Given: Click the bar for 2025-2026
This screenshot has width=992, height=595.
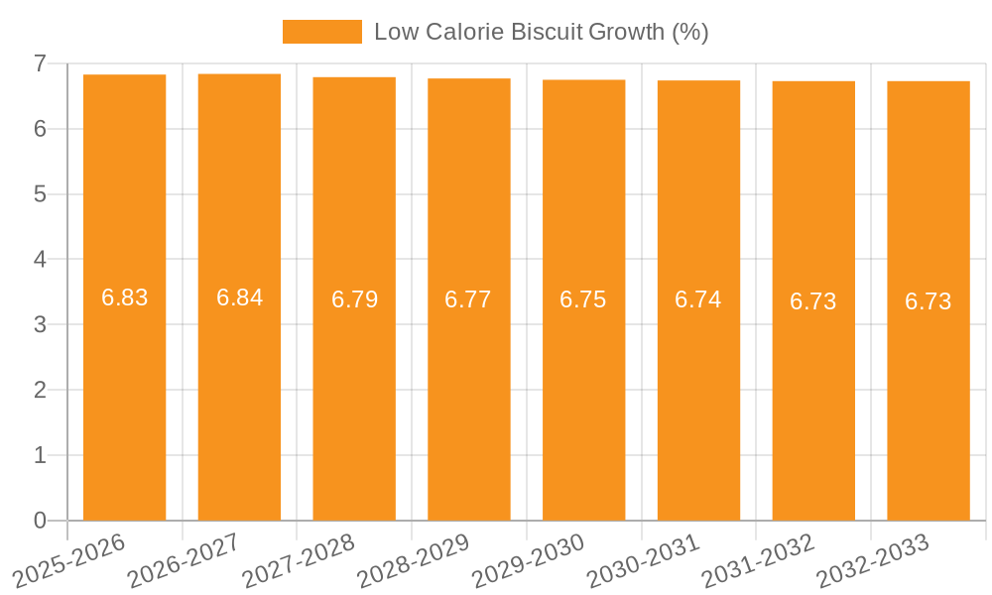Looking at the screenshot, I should click(x=124, y=397).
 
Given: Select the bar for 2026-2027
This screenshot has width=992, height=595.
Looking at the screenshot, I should click(x=239, y=397).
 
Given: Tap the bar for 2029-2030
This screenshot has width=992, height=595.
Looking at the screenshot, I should click(x=583, y=397).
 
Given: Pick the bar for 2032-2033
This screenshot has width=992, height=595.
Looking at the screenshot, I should click(x=929, y=397).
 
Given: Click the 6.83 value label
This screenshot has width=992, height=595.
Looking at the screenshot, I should click(x=124, y=297).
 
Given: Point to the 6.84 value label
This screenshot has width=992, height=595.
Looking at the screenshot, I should click(x=239, y=297).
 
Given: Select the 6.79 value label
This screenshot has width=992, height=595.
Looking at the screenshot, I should click(x=354, y=299).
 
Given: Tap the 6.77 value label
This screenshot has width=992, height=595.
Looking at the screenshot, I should click(x=468, y=299).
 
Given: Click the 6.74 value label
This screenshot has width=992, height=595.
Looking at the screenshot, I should click(x=698, y=299).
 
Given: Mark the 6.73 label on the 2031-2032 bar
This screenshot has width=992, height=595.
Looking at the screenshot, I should click(x=813, y=301).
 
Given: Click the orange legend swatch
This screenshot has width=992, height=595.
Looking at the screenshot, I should click(x=321, y=32).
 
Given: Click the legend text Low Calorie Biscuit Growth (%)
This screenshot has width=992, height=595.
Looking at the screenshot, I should click(x=541, y=32).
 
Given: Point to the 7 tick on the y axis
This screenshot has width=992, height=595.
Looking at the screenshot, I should click(x=40, y=63).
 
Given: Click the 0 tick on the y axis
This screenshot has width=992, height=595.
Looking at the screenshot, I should click(x=40, y=521).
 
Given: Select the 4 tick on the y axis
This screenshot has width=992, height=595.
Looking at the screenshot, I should click(x=40, y=260).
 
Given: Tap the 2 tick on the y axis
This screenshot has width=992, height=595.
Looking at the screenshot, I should click(x=40, y=390).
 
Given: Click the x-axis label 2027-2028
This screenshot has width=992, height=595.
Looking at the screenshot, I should click(x=299, y=560).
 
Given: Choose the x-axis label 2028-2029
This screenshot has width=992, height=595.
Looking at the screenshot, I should click(x=414, y=560).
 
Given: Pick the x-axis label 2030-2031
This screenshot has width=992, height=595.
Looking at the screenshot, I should click(x=644, y=560).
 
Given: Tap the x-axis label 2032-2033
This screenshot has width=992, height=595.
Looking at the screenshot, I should click(x=873, y=560).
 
